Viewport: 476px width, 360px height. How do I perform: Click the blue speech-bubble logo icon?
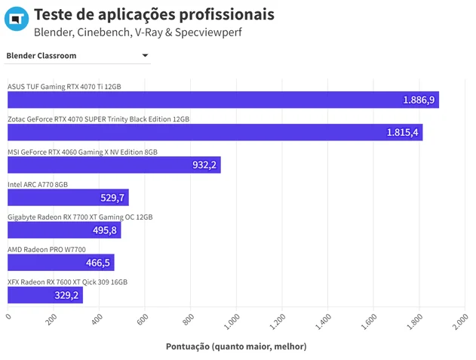click(17, 19)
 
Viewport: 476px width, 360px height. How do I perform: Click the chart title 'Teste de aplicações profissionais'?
click(154, 14)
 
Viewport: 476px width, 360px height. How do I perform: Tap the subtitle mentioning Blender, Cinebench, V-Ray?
click(138, 32)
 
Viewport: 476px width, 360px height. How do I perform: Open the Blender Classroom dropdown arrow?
click(145, 55)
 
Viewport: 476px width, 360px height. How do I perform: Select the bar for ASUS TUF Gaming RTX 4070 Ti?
click(223, 100)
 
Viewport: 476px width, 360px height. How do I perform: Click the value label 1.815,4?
click(402, 133)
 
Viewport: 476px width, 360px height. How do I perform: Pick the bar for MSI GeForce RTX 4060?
click(114, 165)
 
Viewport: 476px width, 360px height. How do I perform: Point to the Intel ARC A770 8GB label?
click(38, 184)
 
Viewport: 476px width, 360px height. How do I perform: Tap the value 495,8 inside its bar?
click(105, 230)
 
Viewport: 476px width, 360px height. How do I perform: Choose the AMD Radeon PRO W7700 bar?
click(60, 263)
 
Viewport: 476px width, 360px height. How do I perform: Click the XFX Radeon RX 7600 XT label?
click(67, 282)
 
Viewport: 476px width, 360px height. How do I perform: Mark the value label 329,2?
click(66, 295)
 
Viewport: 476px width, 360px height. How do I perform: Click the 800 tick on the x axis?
click(189, 319)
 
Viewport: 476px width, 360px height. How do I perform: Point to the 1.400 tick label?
click(323, 322)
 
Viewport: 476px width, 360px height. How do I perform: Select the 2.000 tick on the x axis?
click(460, 322)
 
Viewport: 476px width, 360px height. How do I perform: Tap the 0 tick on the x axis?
click(8, 316)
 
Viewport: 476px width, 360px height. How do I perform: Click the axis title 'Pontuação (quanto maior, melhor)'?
click(236, 346)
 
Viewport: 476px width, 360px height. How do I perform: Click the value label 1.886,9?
click(419, 100)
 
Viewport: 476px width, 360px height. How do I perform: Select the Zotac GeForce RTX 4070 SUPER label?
click(98, 119)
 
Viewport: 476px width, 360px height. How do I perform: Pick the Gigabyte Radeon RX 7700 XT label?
click(80, 217)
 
